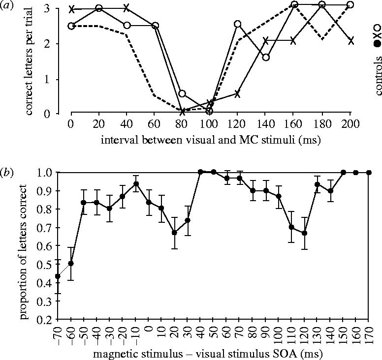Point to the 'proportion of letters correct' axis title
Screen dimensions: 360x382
(x=24, y=245)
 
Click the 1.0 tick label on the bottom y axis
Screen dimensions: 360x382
(x=46, y=172)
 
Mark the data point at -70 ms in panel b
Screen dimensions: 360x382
(x=58, y=276)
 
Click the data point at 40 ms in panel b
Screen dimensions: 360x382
(x=200, y=172)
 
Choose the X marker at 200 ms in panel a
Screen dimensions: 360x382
(x=351, y=41)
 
